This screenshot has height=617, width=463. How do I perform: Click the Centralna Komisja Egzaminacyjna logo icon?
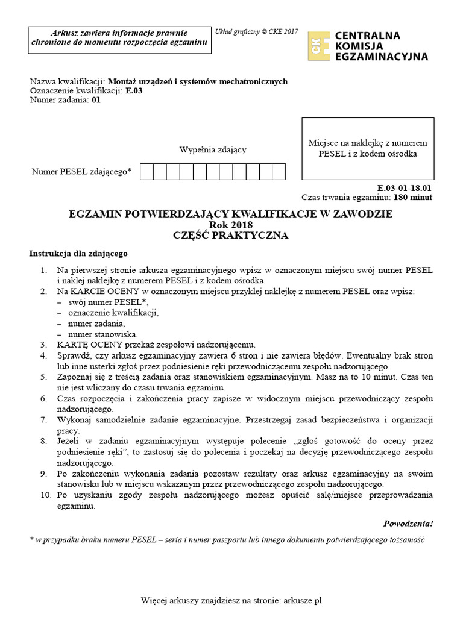coord(318,46)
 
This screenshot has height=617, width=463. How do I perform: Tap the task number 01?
coord(96,101)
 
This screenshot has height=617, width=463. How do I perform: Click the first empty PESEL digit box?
coord(146,172)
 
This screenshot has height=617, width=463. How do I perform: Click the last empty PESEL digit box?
coord(279,172)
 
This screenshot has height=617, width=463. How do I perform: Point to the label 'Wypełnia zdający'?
coord(212,149)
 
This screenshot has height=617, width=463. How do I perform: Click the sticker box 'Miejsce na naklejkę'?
coord(367,148)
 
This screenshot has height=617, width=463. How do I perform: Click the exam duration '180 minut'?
coord(413,197)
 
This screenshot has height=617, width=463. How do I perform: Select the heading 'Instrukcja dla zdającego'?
coord(78,254)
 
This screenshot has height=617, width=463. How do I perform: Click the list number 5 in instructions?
coord(43,377)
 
